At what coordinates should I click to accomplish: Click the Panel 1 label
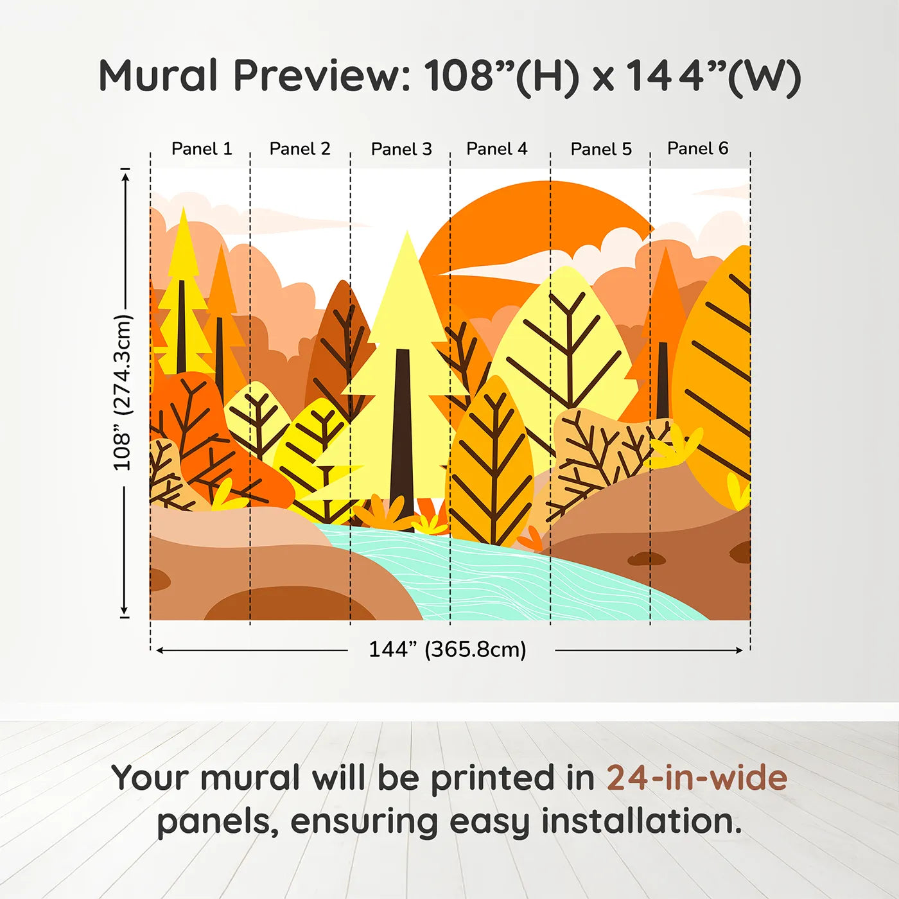(202, 149)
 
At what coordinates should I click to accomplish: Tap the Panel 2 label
(300, 149)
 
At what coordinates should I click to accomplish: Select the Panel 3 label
(401, 149)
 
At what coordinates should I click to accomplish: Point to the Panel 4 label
(497, 149)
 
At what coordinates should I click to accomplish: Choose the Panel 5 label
(601, 149)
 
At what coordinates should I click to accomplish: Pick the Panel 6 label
(697, 148)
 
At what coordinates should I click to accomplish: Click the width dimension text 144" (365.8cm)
(448, 649)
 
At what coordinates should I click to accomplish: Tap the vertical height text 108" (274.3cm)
(123, 392)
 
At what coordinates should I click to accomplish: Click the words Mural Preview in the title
(254, 76)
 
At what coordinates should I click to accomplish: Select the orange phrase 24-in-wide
(697, 778)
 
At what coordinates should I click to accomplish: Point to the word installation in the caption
(642, 821)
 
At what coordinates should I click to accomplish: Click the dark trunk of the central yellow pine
(402, 439)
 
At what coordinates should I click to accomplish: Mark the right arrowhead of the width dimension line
(739, 650)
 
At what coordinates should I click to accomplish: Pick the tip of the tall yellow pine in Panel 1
(184, 207)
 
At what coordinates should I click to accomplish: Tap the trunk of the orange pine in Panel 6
(663, 380)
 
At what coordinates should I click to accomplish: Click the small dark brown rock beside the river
(646, 559)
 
